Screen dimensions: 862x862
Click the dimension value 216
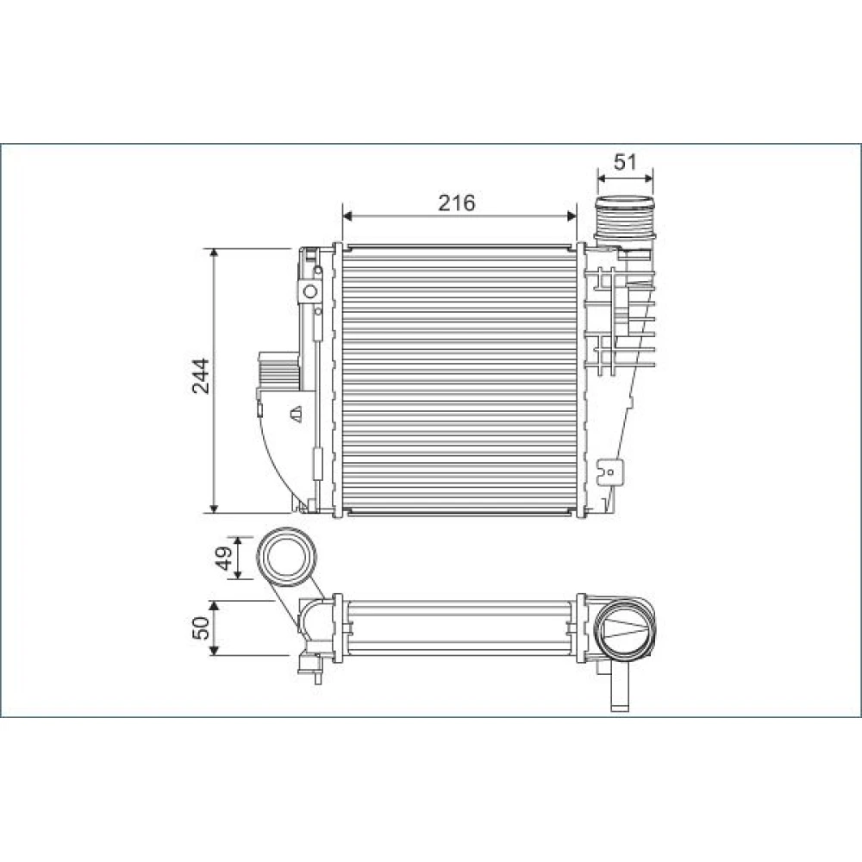coord(456,203)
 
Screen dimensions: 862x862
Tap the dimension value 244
coord(201,376)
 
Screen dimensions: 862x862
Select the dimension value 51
coord(625,162)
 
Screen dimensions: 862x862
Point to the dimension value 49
coord(222,559)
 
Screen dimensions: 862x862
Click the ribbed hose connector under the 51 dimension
coord(626,220)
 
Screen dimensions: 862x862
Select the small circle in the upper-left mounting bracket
coord(310,291)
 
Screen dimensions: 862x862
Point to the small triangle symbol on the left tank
coord(297,414)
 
